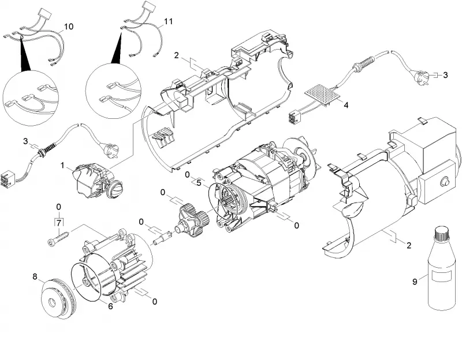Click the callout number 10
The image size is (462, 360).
68,27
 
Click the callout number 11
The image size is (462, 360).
168,21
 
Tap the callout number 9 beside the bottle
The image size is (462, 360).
415,282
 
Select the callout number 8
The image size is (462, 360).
35,277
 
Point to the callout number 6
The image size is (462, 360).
110,306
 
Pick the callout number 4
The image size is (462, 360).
346,105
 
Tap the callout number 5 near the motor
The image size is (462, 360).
199,183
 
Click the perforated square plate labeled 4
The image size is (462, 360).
323,95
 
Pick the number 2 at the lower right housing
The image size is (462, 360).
409,245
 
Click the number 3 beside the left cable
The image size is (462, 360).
25,141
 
